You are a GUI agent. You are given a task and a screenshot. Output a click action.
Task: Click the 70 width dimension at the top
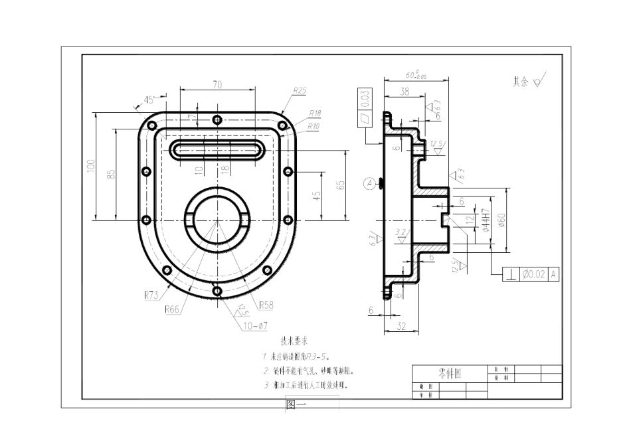click(x=217, y=84)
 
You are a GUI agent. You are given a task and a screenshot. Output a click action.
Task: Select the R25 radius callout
click(x=300, y=90)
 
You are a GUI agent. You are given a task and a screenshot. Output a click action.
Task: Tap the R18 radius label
click(x=314, y=113)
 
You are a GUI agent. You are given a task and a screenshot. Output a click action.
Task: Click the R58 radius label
click(x=266, y=305)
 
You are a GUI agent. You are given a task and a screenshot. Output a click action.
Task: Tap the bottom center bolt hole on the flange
click(x=217, y=290)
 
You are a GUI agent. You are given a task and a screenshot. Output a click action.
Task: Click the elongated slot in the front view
click(x=217, y=149)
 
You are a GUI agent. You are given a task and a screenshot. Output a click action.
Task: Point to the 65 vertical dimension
click(x=341, y=185)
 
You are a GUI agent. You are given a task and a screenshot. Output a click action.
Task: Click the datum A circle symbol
click(x=369, y=182)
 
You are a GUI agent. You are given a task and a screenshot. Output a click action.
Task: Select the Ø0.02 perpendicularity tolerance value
click(x=533, y=273)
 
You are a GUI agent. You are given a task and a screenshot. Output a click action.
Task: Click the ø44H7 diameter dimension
click(x=486, y=220)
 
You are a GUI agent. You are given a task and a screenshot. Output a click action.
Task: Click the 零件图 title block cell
click(x=450, y=374)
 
